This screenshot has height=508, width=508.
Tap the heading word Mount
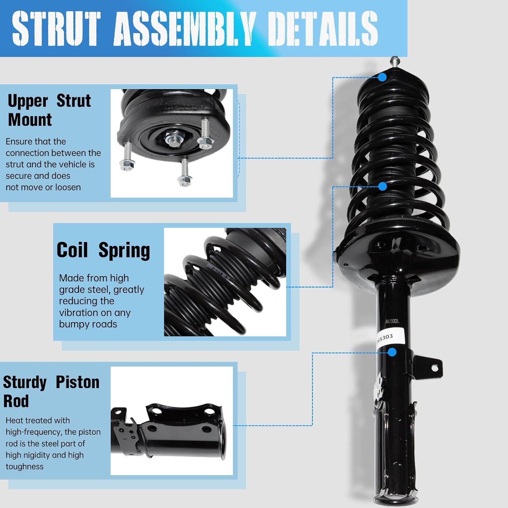30,120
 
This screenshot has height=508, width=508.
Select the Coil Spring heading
103,250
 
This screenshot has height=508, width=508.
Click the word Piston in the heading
77,382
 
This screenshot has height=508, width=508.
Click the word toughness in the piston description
24,466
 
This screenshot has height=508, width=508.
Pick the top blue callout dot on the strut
382,77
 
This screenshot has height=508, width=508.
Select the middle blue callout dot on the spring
382,186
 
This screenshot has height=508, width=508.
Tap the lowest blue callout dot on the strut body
392,352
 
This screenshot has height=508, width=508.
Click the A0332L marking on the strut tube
392,321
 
